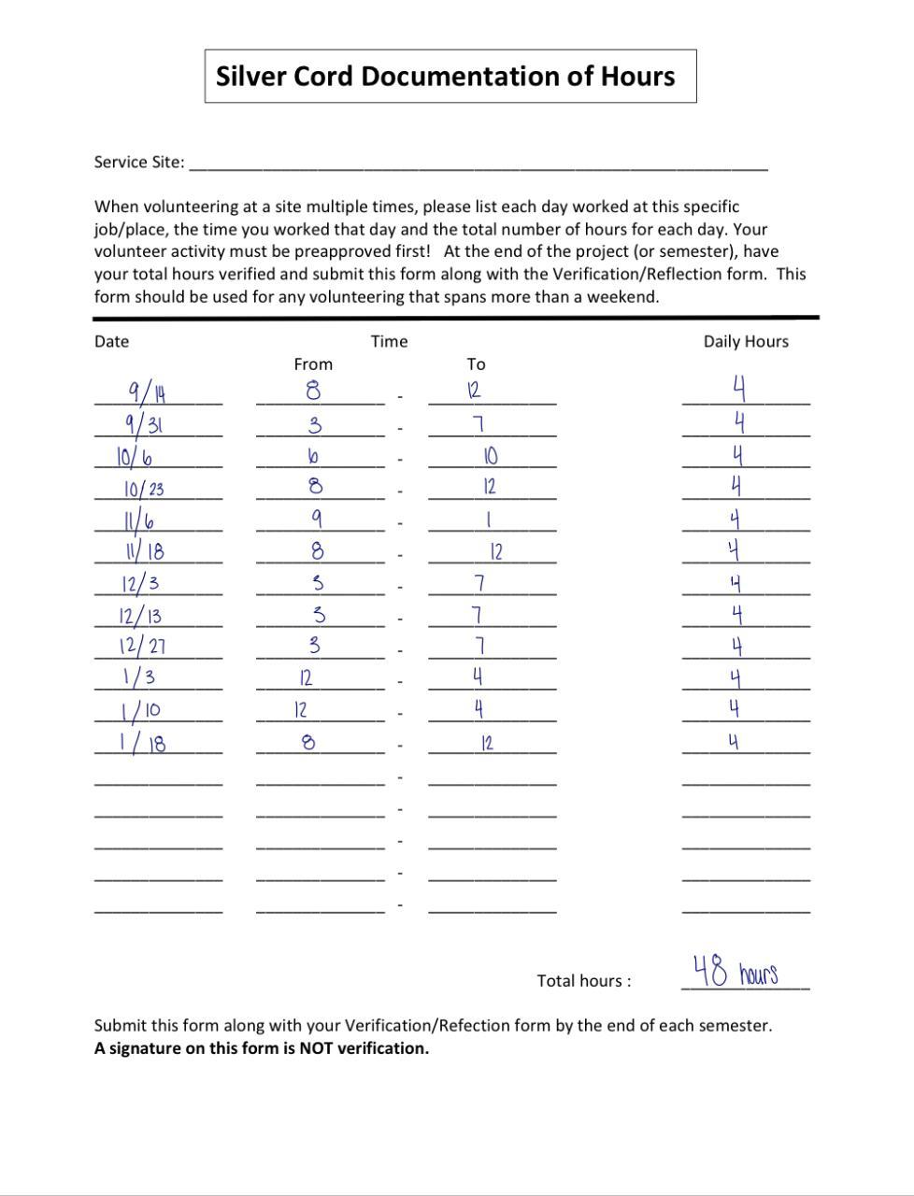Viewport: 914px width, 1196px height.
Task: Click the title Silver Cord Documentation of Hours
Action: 445,77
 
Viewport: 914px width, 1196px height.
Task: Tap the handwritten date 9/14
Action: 147,391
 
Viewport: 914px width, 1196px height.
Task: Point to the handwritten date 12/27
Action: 143,646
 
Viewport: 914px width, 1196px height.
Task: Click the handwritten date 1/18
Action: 143,743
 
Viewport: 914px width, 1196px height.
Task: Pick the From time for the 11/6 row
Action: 316,518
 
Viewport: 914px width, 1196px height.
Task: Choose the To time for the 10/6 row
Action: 491,456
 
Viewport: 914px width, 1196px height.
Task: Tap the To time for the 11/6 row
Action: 489,519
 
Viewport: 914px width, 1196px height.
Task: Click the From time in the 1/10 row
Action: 301,710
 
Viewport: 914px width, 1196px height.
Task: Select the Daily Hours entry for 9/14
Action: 738,387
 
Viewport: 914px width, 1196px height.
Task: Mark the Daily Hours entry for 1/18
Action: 734,743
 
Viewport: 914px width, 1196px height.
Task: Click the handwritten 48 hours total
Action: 735,972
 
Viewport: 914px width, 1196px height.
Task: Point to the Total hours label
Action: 583,981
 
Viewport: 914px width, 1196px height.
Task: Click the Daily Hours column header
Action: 746,342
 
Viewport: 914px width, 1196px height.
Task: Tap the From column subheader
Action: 313,364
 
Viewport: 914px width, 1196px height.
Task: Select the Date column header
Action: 111,342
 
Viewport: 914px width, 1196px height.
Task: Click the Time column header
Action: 389,342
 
